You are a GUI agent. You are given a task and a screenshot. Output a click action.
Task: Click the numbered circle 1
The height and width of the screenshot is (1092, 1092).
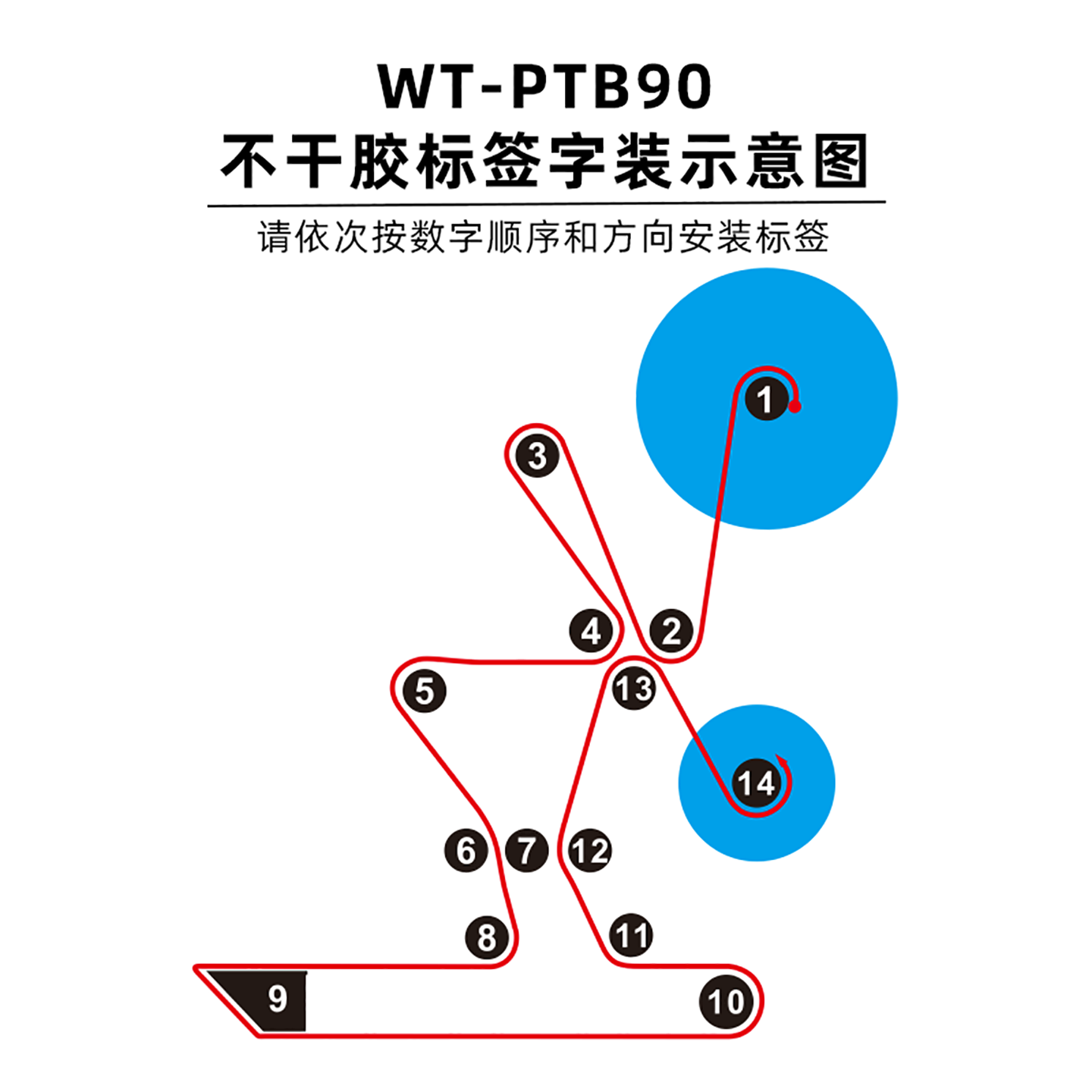[766, 399]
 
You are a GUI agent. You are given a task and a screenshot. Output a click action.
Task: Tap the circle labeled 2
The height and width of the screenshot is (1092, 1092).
[671, 631]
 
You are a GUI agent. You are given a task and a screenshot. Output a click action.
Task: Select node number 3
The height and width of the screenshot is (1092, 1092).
[537, 456]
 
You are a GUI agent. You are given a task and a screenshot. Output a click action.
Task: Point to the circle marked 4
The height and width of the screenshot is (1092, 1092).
[591, 631]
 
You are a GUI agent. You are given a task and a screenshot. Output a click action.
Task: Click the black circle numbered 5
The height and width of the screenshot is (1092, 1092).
[425, 692]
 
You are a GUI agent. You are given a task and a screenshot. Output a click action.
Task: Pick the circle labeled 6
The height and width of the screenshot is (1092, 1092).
[466, 850]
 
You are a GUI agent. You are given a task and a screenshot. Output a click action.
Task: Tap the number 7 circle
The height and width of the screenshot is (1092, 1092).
[527, 850]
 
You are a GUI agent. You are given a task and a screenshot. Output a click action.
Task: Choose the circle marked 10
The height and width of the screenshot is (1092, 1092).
[726, 1002]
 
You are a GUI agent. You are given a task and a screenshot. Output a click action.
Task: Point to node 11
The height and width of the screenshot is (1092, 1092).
[631, 935]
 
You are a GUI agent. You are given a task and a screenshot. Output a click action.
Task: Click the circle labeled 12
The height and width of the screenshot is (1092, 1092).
[590, 850]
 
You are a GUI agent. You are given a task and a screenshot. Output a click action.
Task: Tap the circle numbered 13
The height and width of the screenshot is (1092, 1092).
[634, 689]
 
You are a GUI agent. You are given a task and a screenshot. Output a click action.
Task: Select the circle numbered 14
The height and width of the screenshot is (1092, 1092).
[756, 783]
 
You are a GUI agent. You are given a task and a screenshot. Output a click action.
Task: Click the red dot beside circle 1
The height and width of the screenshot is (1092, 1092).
[795, 406]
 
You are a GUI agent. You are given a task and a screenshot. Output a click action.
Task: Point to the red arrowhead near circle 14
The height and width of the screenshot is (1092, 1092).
[782, 760]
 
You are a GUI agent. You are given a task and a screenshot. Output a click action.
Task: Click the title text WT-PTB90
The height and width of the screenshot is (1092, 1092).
[544, 86]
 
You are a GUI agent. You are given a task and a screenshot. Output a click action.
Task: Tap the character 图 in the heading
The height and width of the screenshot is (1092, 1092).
[840, 161]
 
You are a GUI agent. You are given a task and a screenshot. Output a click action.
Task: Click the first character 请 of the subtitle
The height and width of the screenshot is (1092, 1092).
[275, 237]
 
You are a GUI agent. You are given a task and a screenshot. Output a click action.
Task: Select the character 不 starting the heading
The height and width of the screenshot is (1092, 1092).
[248, 161]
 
